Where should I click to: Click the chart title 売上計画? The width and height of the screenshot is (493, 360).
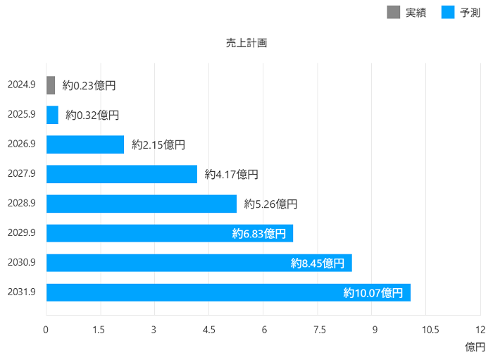[x=246, y=43]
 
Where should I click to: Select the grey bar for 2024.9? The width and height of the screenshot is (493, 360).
[x=51, y=85]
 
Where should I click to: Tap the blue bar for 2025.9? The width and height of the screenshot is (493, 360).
[x=52, y=115]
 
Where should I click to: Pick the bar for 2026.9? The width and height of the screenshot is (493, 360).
[x=85, y=144]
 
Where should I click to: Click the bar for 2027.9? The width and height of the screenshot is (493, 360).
[x=122, y=174]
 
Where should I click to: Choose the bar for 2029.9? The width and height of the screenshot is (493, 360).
[x=170, y=233]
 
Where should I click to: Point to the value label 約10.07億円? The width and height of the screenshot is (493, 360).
[x=373, y=292]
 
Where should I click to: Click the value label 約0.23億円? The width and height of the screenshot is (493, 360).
[x=89, y=85]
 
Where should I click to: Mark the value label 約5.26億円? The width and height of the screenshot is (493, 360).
[x=270, y=204]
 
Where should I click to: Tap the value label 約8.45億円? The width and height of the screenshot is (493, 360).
[x=318, y=263]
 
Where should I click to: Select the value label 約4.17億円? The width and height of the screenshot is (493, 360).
[x=232, y=174]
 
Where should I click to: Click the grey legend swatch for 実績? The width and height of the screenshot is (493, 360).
[x=394, y=12]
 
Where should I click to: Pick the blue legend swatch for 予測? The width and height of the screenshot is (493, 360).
[x=448, y=12]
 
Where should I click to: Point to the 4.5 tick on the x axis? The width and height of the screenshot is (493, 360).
[x=209, y=330]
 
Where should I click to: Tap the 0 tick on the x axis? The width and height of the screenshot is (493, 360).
[x=46, y=330]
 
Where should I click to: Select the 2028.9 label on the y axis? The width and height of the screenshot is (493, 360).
[x=22, y=204]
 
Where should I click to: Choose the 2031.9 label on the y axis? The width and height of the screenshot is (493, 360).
[x=22, y=292]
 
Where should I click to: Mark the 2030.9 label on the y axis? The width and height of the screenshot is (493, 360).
[x=22, y=263]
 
